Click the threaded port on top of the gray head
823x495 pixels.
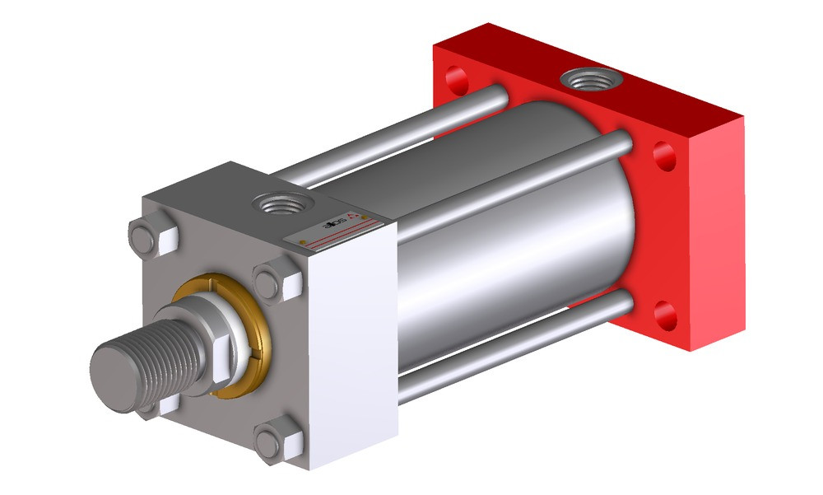(x=279, y=203)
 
